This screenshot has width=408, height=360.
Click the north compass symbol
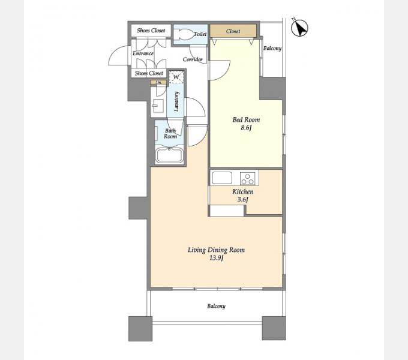point(299,27)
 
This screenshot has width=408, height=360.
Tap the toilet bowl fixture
point(184,34)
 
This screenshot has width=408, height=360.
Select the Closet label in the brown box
point(233,31)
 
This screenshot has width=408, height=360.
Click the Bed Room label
point(246,119)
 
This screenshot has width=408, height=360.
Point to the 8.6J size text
point(246,128)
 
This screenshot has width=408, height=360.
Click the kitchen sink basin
point(222,178)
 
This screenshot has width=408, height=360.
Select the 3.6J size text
point(243,200)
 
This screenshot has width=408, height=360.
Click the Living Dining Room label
point(216,250)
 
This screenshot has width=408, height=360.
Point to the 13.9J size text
point(217,258)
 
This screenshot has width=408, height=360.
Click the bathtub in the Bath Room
point(169,155)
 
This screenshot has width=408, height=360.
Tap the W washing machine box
point(176,77)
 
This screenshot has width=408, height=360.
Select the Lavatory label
point(176,101)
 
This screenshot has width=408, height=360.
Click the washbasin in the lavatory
point(158,106)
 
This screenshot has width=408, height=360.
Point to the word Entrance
point(143,53)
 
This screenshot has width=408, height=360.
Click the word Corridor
point(193,59)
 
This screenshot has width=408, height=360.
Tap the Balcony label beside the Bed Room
point(272,49)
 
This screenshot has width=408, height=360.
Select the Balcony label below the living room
point(216,306)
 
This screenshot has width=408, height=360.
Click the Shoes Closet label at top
point(151,31)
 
